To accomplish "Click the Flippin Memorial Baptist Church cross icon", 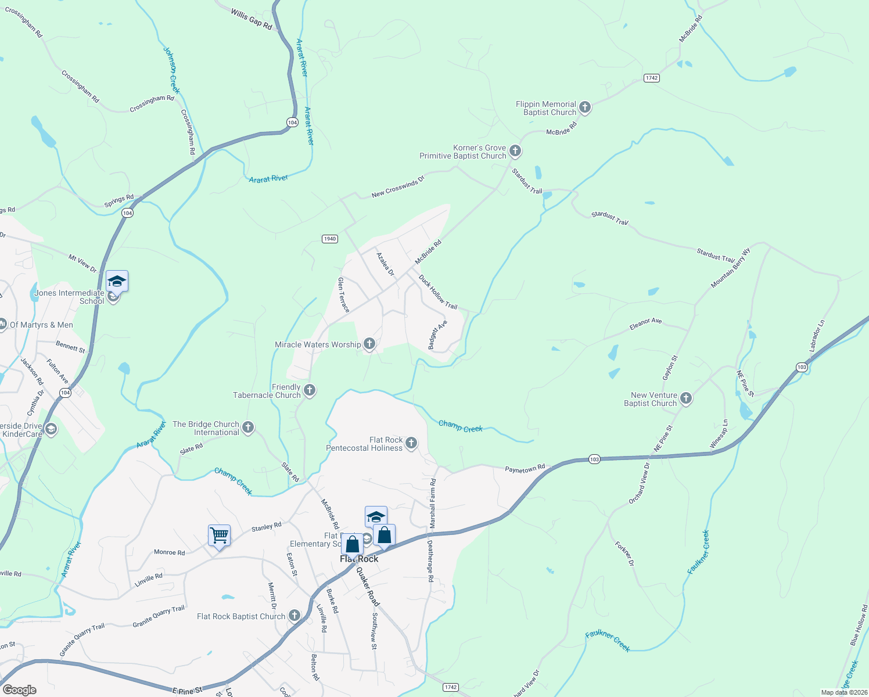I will [x=585, y=107].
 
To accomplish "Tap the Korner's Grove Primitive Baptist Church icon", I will [x=515, y=152].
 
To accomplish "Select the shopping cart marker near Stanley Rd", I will [x=220, y=536].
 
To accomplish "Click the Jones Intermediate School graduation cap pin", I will [x=117, y=282].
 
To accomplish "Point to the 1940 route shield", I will [x=330, y=239].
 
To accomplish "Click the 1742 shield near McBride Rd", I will [x=651, y=78].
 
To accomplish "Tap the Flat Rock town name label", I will [x=359, y=559].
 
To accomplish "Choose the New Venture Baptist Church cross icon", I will [x=686, y=398].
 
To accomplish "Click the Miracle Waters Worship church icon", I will [x=369, y=344].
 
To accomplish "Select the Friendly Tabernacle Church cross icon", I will [x=310, y=390].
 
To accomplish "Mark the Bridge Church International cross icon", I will [x=248, y=428].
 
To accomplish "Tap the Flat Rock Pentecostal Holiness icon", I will [x=411, y=443].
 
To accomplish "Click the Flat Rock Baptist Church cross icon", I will [x=295, y=616].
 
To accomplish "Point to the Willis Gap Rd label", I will [x=251, y=19].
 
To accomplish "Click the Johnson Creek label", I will [x=171, y=70].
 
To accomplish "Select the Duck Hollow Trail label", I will [x=439, y=292].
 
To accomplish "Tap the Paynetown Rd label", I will [x=525, y=469].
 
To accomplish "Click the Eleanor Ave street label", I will [x=645, y=324].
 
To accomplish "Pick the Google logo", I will [x=19, y=690].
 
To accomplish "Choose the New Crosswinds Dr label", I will [x=398, y=188].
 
